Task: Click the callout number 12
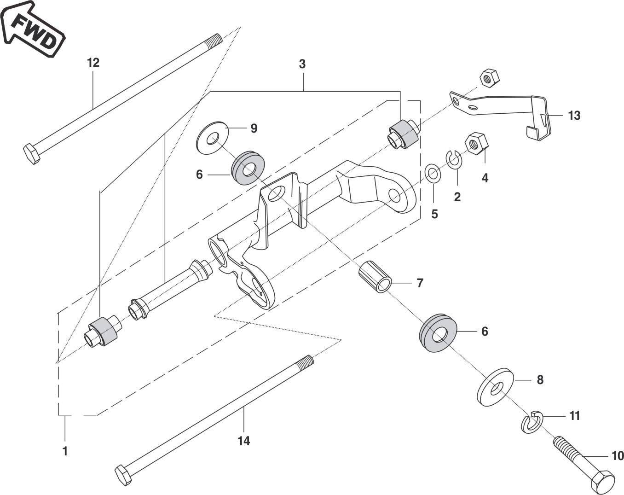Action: click(x=93, y=63)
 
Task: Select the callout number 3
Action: click(x=302, y=64)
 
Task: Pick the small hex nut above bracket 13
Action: click(x=490, y=78)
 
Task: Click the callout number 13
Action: click(x=574, y=116)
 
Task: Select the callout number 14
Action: click(x=244, y=441)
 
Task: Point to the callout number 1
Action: click(x=65, y=451)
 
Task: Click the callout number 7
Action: click(x=420, y=283)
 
